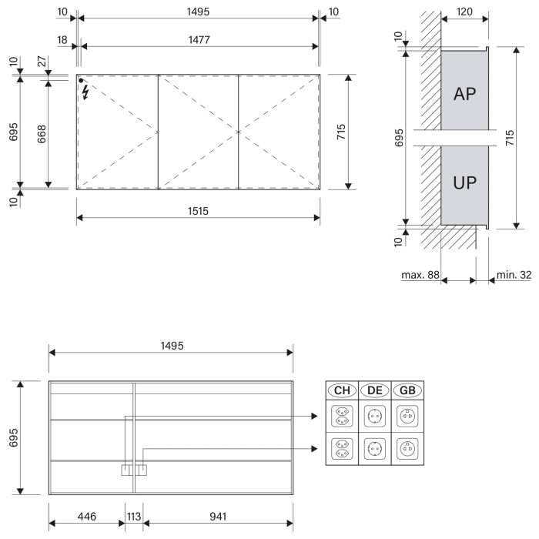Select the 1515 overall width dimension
click(199, 209)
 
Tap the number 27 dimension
click(42, 62)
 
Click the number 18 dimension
click(62, 38)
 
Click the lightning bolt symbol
click(85, 92)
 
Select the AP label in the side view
click(464, 94)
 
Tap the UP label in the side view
click(464, 182)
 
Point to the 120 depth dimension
click(464, 13)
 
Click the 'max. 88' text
click(420, 275)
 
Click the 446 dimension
click(87, 517)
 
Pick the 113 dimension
click(133, 517)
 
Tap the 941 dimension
click(216, 517)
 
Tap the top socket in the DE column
click(374, 417)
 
